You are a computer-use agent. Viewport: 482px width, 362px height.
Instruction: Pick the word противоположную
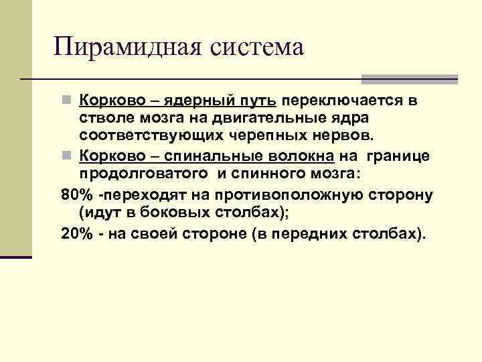[289, 196]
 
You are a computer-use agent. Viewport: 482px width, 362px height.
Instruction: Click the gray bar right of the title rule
[410, 79]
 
